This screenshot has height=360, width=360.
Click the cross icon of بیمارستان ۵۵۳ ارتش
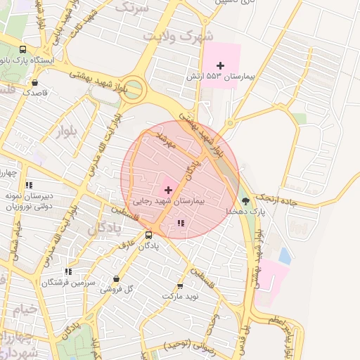click(220, 65)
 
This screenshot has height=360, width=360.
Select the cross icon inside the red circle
click(168, 190)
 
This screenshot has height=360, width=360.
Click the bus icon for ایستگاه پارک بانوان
click(22, 50)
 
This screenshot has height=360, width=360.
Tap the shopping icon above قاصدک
click(34, 82)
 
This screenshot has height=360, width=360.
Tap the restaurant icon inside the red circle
click(181, 224)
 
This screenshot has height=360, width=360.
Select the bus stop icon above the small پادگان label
click(148, 235)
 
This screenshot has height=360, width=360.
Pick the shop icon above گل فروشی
click(127, 278)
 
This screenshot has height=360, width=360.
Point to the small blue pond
click(285, 255)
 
